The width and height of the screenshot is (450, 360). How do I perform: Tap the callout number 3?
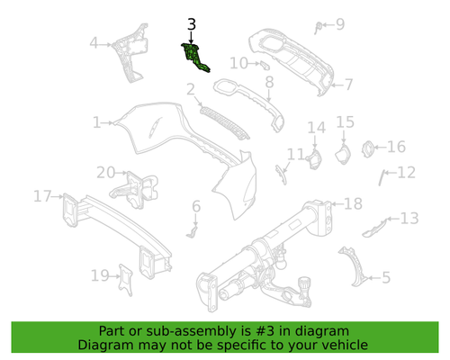[190, 25]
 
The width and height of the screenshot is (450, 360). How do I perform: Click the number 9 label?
[339, 24]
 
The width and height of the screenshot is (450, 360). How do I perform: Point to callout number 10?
[236, 63]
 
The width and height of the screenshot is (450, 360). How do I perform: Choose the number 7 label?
[348, 85]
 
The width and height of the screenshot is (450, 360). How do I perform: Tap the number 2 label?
[191, 89]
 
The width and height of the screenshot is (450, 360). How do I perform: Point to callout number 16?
[396, 147]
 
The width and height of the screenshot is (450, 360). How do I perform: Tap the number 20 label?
[106, 172]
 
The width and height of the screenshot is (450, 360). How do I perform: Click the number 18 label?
[352, 203]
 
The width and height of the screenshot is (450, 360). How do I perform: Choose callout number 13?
[409, 218]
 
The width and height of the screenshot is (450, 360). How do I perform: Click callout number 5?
[384, 278]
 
